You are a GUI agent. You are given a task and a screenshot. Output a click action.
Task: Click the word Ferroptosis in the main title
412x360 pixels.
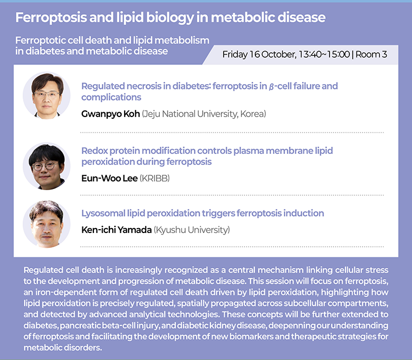51,18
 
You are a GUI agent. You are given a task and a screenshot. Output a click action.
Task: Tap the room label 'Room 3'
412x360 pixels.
371,54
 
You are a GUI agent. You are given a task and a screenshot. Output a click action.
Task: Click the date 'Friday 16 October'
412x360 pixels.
259,54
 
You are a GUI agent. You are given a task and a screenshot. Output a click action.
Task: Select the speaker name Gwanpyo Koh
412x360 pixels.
110,114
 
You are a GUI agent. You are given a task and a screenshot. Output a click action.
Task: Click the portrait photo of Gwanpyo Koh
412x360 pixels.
47,96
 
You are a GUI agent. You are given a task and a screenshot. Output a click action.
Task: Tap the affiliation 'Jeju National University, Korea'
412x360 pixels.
204,114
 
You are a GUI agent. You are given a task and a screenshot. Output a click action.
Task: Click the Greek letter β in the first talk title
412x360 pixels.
271,86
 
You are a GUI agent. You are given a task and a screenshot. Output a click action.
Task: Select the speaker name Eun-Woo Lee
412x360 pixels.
109,178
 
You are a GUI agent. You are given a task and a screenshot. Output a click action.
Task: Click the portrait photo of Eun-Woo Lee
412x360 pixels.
47,166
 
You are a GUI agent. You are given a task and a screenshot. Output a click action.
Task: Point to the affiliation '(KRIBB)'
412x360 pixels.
154,178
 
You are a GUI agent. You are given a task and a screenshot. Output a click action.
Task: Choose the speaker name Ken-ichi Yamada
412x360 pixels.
116,230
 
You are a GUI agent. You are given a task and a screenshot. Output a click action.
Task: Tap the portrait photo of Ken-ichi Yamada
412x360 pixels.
47,224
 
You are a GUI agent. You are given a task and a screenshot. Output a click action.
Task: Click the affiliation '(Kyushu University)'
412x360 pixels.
192,230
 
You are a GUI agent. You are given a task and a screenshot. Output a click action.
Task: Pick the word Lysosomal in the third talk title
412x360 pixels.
103,213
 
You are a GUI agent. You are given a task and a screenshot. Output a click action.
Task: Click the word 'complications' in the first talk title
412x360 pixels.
111,98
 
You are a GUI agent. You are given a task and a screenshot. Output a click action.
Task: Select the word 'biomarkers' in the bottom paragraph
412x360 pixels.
252,336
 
